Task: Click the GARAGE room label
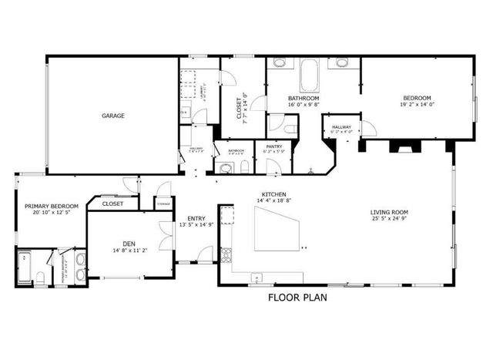[x=113, y=116]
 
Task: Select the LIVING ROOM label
[x=389, y=212]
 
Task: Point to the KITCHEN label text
[x=274, y=194]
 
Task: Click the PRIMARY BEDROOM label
[x=52, y=206]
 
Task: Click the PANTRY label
[x=273, y=146]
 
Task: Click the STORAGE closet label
[x=163, y=204]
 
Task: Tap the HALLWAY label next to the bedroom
[x=341, y=126]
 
